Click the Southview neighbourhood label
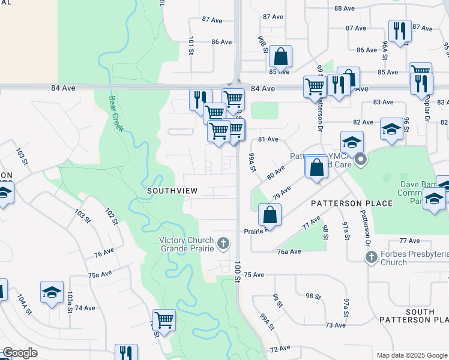172,190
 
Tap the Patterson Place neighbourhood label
351,203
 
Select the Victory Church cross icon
223,243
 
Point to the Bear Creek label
116,113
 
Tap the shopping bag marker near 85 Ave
280,57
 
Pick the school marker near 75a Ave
52,292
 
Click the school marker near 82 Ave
391,129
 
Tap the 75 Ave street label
254,275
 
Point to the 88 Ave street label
345,8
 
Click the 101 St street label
191,44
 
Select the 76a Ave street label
289,251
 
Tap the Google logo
20,353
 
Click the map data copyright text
411,355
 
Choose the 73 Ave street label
335,325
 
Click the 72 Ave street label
280,348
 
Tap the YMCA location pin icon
360,160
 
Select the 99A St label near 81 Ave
252,162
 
